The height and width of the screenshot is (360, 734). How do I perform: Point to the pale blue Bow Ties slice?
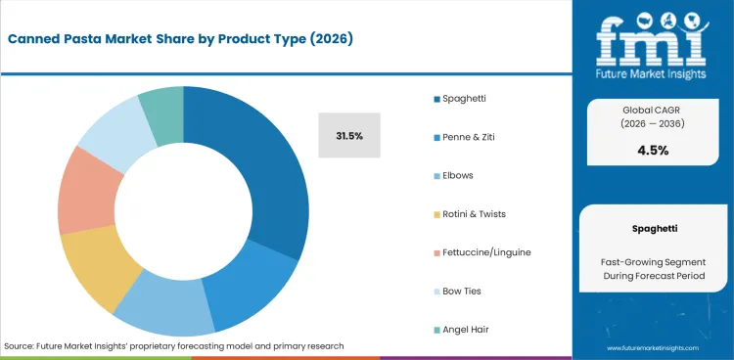point(109,131)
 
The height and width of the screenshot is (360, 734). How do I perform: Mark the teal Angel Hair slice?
point(162,104)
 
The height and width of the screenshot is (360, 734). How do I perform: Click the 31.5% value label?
point(349,135)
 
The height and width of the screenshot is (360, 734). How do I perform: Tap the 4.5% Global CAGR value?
point(653,150)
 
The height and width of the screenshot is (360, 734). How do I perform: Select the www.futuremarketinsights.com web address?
point(653,347)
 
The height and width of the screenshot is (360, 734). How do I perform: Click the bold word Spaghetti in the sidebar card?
point(653,227)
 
